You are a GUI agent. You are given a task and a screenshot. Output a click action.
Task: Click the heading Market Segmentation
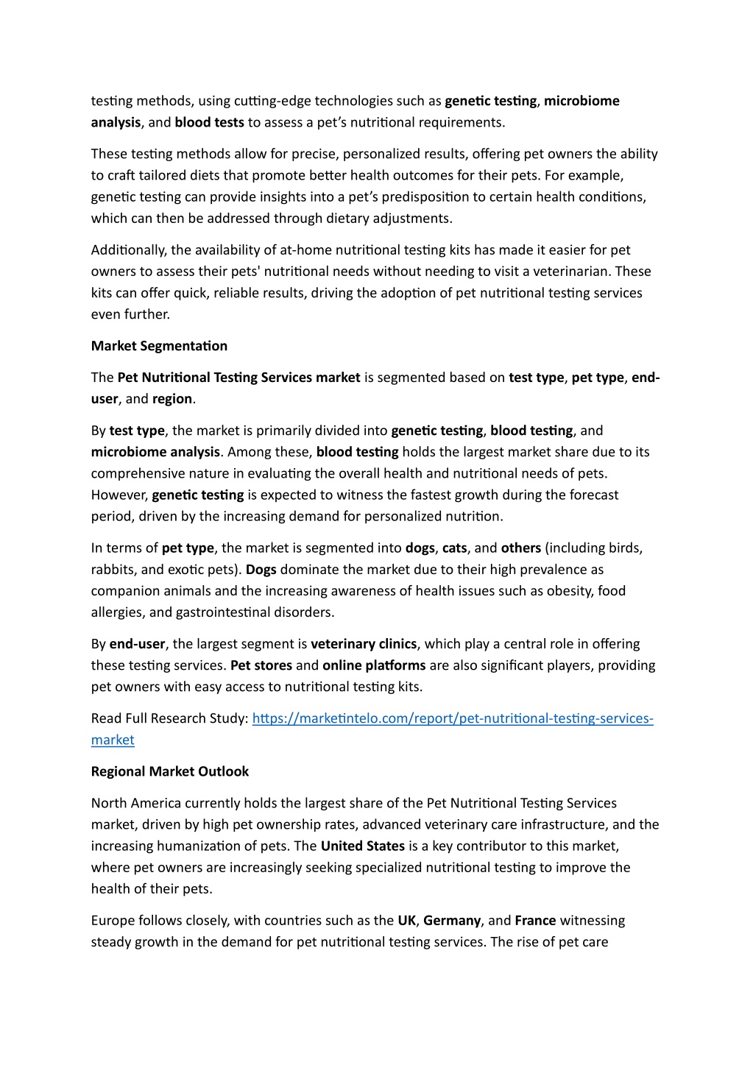click(x=159, y=346)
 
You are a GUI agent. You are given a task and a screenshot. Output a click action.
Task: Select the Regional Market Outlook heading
click(x=170, y=771)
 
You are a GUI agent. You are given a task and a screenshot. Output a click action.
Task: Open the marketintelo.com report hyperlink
click(x=452, y=718)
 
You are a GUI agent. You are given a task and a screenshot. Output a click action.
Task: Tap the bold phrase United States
click(x=362, y=846)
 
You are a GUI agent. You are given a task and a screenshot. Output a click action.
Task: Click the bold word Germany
click(x=452, y=920)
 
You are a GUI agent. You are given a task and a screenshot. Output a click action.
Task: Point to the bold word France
click(x=535, y=920)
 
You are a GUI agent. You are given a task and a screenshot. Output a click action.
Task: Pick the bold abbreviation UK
click(x=406, y=920)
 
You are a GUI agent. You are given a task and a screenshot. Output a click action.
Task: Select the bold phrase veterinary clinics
click(x=364, y=644)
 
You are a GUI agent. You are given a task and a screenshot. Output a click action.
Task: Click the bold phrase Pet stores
click(x=261, y=665)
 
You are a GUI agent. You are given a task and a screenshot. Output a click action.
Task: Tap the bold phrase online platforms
click(x=374, y=665)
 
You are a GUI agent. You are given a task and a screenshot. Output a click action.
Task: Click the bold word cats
click(x=454, y=548)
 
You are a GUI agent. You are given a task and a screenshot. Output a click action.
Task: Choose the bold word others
click(x=520, y=548)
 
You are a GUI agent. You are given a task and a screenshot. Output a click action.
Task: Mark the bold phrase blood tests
click(x=209, y=122)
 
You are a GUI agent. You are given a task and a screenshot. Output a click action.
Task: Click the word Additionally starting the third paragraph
click(x=129, y=250)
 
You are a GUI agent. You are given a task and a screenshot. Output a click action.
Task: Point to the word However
click(x=119, y=495)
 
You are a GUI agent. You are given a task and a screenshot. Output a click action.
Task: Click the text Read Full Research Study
click(x=169, y=718)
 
